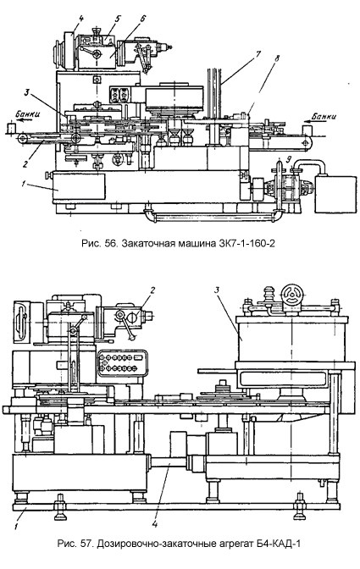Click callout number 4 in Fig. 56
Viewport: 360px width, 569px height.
click(80, 18)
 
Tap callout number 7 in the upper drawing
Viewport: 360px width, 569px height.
click(258, 55)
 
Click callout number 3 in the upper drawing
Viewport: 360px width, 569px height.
click(26, 92)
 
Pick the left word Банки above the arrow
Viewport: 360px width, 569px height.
click(27, 113)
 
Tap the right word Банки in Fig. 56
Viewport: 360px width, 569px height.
click(324, 117)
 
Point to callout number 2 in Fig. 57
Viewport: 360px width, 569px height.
click(152, 290)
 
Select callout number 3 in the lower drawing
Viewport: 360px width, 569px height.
click(216, 290)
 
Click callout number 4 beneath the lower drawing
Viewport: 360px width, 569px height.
click(155, 524)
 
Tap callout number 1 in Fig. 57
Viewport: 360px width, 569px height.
click(16, 526)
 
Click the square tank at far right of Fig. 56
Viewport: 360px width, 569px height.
click(335, 194)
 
